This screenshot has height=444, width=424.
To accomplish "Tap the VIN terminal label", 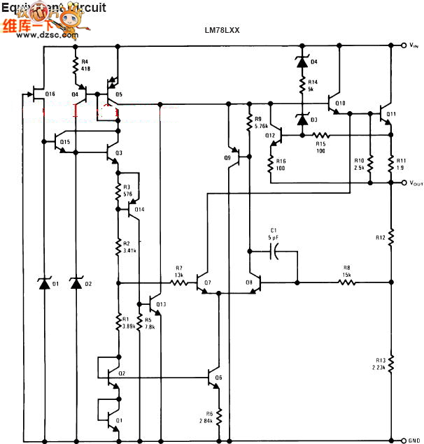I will [x=414, y=46].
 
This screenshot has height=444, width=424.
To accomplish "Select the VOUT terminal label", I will [x=414, y=184].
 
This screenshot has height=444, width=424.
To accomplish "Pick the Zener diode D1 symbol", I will [x=45, y=283].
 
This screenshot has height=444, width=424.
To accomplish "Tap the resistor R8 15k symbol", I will [x=346, y=283].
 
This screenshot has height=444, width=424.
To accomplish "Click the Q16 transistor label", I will [x=50, y=94].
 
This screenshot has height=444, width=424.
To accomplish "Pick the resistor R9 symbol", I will [x=250, y=123].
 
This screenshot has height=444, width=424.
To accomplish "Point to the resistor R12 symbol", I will [x=391, y=238].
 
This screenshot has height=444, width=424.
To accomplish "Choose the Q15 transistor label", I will [x=64, y=142].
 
